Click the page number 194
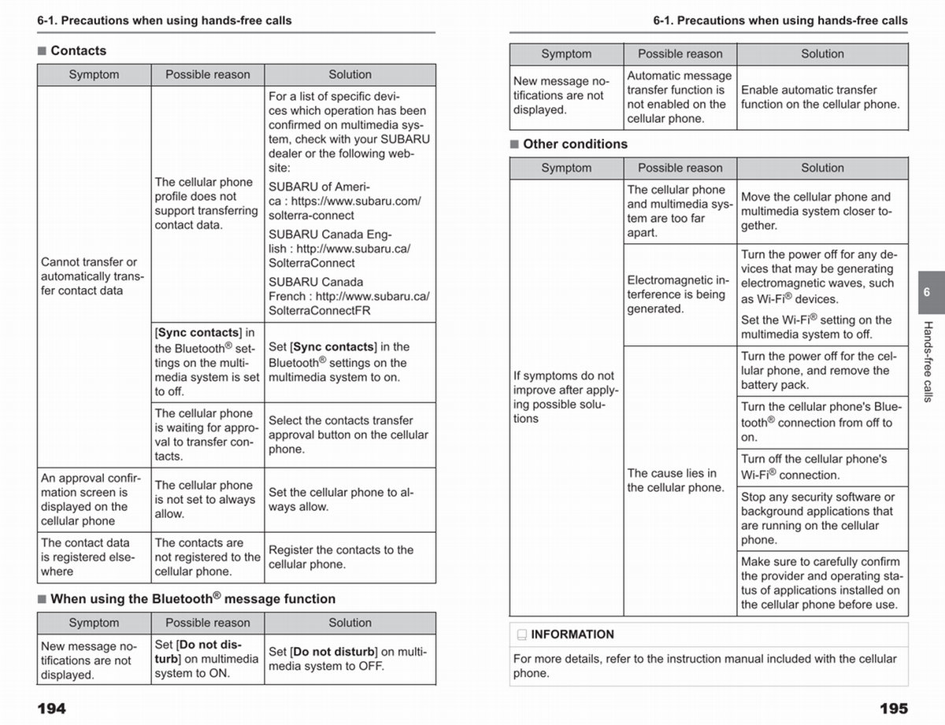(52, 708)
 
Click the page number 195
(893, 708)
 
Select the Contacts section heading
(78, 50)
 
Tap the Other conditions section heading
(575, 144)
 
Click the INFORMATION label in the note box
(572, 634)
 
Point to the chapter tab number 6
(927, 292)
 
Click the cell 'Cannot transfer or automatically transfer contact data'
(93, 276)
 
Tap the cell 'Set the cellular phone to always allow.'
(341, 500)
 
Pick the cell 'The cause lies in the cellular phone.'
(676, 480)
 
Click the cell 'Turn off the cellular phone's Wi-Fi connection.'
(813, 467)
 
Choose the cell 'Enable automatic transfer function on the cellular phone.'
(820, 98)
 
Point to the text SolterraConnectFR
(320, 311)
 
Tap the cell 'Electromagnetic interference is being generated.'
(678, 294)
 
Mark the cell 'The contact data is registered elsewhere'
(88, 557)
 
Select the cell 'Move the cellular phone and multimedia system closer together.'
(816, 211)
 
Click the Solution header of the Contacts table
(350, 75)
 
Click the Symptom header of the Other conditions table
(566, 168)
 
